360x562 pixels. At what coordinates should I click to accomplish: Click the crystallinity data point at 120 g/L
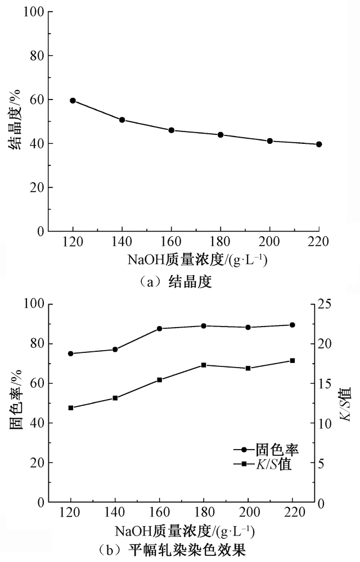(73, 101)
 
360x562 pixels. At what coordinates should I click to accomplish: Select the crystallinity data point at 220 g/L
(319, 144)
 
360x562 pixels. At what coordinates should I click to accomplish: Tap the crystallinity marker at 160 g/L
(172, 130)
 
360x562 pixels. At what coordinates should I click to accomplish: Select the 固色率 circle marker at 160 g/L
(159, 329)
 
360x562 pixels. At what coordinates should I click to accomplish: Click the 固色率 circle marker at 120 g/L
(71, 353)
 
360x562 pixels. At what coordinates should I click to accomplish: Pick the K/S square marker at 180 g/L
(204, 365)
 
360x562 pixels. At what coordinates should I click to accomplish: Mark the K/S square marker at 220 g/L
(292, 360)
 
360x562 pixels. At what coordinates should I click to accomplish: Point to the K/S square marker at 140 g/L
(115, 398)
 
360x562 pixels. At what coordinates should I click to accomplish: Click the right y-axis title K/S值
(345, 404)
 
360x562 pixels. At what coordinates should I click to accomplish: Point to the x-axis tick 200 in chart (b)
(247, 514)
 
